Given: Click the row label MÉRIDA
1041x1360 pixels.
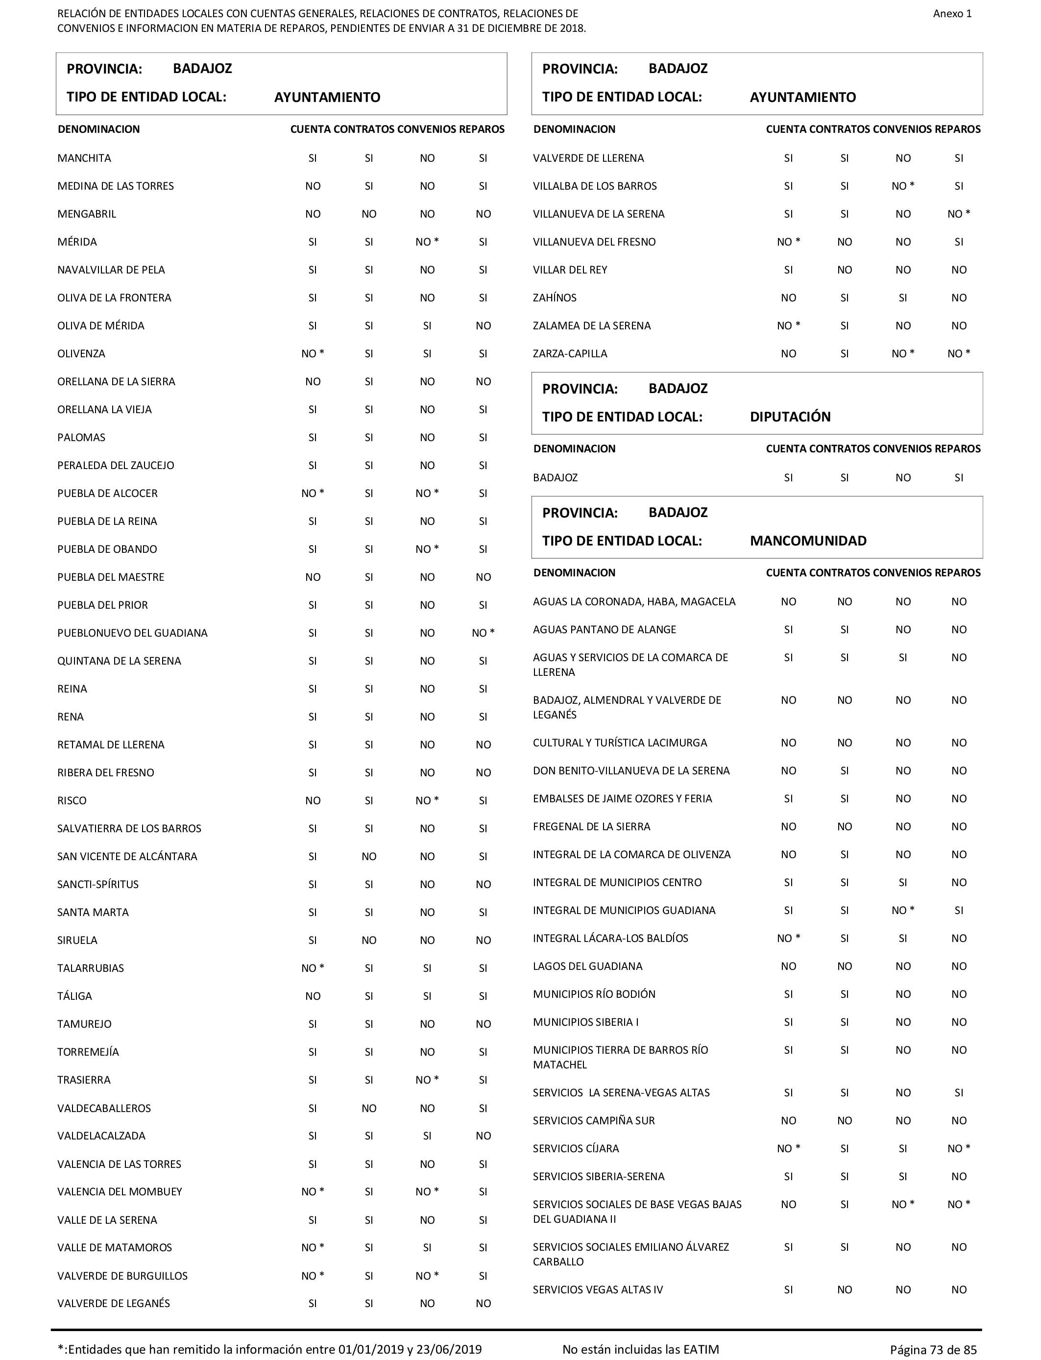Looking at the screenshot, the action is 77,242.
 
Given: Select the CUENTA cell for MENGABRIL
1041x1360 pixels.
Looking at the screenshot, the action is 313,214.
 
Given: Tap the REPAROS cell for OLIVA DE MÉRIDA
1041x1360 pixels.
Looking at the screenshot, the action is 484,325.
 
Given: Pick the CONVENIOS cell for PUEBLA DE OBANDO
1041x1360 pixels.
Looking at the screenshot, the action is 427,549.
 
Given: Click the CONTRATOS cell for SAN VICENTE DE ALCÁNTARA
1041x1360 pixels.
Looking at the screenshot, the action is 369,856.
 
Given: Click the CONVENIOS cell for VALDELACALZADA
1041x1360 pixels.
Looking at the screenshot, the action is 427,1136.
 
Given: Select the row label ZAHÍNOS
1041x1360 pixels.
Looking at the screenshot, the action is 555,297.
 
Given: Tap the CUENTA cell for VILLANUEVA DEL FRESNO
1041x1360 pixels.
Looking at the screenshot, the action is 788,242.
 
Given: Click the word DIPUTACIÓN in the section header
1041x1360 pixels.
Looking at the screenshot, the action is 790,417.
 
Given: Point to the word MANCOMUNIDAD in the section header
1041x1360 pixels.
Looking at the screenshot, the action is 808,541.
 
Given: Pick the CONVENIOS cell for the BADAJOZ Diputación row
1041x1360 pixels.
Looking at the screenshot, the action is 903,477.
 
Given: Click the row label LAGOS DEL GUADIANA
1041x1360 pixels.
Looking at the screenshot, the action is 587,966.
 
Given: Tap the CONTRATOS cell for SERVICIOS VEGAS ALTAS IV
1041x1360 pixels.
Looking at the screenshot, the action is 845,1289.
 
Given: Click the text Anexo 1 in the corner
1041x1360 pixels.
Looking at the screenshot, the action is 952,14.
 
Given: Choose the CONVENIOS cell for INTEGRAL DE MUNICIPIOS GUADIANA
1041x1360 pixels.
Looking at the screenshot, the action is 903,910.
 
